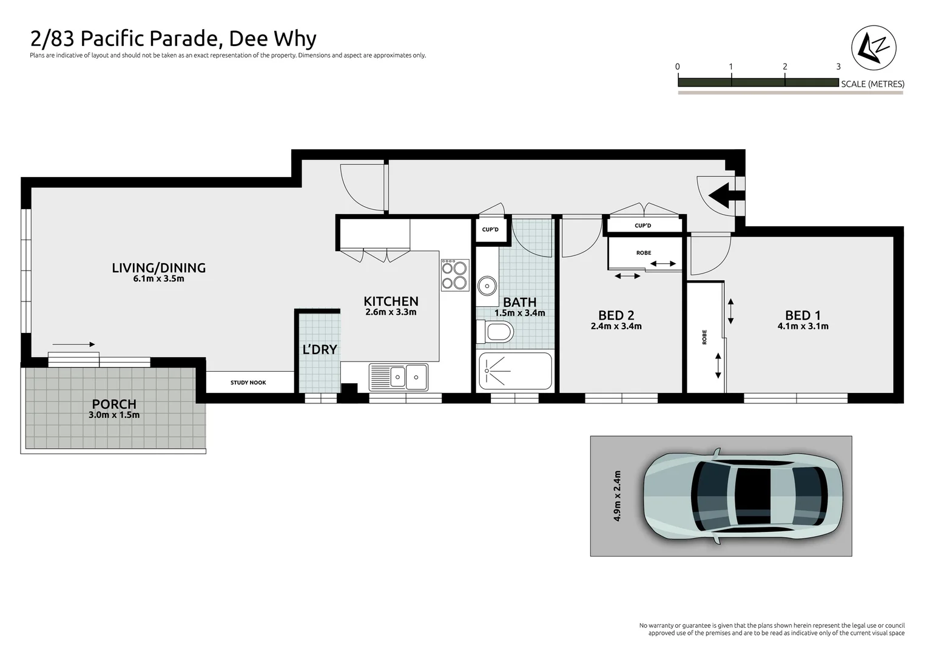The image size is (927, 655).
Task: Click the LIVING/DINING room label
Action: (x=158, y=267)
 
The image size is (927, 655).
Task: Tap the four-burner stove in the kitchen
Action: (x=454, y=275)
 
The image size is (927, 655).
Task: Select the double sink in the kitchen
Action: (x=398, y=377)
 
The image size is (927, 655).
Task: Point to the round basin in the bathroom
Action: (x=486, y=284)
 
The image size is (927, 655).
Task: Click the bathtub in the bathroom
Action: (x=515, y=371)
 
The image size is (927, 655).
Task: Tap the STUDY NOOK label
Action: (x=248, y=383)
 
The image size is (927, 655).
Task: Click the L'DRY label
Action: (x=319, y=349)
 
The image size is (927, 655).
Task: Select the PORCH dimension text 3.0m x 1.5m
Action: (x=114, y=415)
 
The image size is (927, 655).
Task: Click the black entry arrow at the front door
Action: (x=721, y=195)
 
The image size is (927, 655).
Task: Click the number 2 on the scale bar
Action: (x=785, y=67)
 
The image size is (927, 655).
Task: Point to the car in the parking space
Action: (x=743, y=496)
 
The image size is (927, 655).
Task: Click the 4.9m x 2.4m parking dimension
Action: (x=618, y=496)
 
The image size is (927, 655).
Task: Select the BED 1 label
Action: (x=802, y=315)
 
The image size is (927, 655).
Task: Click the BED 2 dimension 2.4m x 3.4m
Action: (x=616, y=326)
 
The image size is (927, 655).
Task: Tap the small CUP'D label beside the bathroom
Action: (x=490, y=230)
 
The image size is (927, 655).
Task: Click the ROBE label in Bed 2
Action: (x=644, y=253)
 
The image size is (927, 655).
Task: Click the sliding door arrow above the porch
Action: (x=78, y=344)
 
